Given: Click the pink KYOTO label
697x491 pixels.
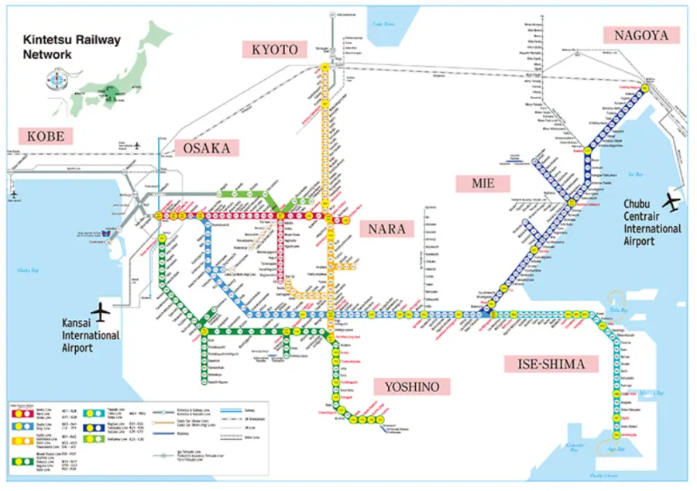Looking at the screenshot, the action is [274, 50].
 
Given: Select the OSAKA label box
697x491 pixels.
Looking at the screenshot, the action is [207, 148].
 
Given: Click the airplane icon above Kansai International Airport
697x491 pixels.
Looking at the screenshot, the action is [106, 311].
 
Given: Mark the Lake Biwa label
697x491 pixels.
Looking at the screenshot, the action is [385, 26].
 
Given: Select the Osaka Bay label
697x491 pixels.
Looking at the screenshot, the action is [30, 270].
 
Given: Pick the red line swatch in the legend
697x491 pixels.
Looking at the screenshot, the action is [22, 413].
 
